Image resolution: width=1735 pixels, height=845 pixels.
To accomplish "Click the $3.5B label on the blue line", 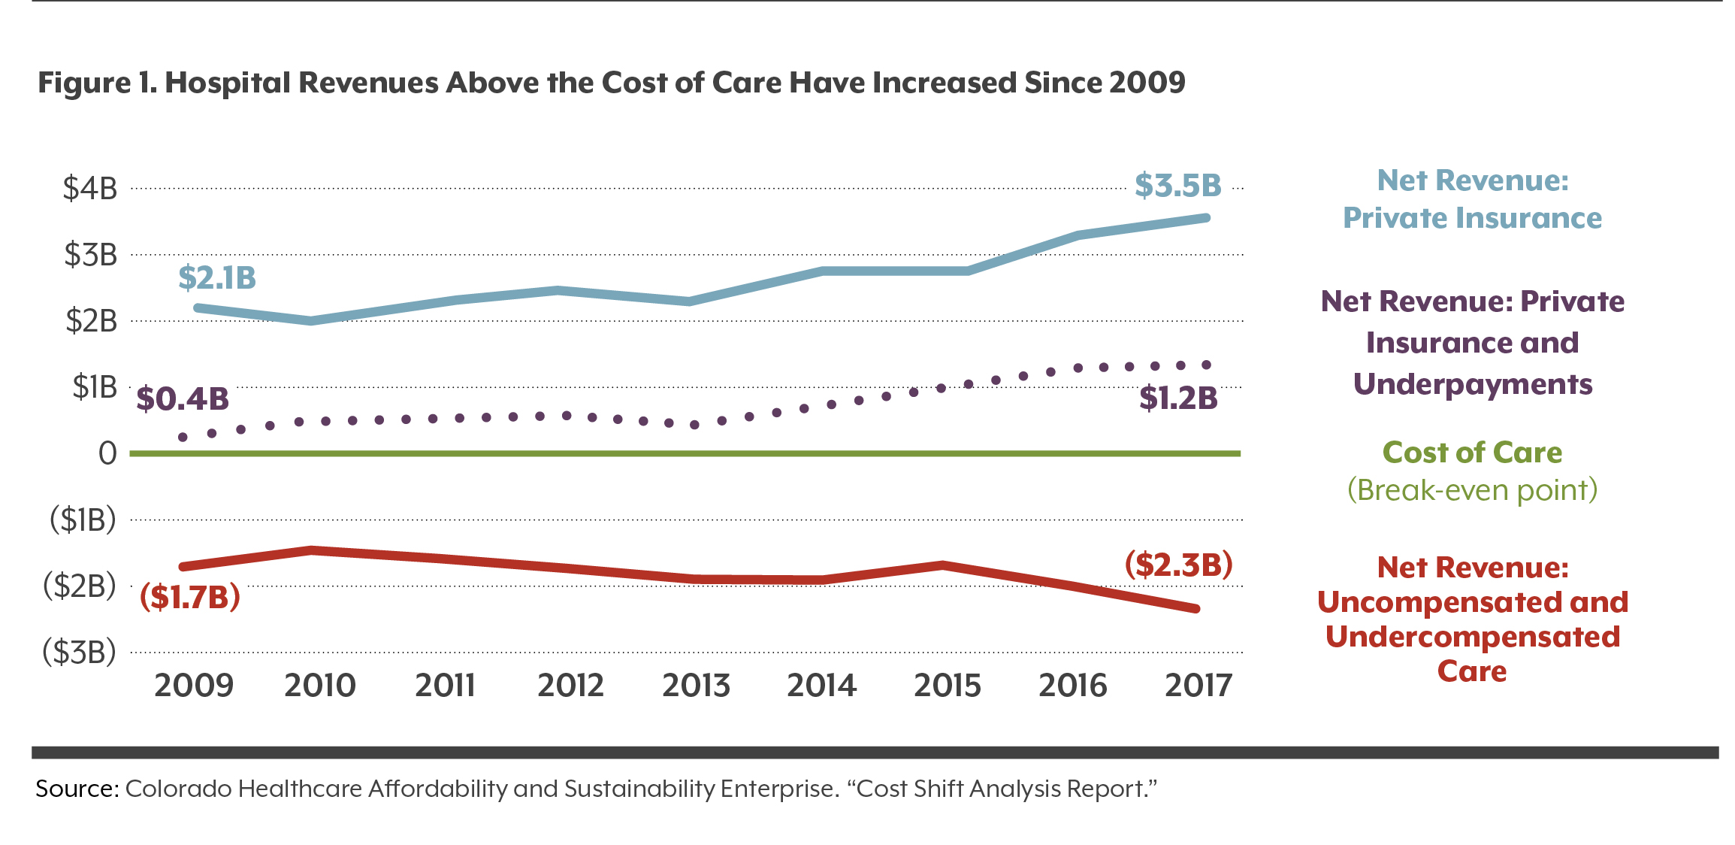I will [x=1177, y=186].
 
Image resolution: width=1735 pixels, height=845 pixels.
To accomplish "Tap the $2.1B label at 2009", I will [x=217, y=278].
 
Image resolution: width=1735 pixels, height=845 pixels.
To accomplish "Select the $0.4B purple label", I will [x=183, y=399].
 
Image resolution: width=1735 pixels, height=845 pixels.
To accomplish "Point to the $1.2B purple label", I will [x=1177, y=398].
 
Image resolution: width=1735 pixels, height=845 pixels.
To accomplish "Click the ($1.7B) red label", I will [x=190, y=597].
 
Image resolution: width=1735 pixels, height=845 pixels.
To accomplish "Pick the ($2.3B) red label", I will [x=1178, y=565].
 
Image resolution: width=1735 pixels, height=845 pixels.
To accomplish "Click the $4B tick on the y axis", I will [x=90, y=188].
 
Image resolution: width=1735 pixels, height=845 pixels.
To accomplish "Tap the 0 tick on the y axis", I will [x=107, y=453].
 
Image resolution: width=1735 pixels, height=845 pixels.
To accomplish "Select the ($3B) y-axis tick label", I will [x=80, y=652].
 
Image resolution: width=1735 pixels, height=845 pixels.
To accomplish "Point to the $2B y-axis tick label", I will [x=91, y=321].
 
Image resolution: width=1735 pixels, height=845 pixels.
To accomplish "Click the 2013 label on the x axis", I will [x=696, y=686].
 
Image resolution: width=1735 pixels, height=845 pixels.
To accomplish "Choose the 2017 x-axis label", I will [x=1198, y=686].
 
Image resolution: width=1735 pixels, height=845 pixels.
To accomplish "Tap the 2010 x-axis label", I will [x=319, y=686].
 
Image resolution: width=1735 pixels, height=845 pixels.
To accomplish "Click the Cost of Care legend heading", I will [x=1472, y=453].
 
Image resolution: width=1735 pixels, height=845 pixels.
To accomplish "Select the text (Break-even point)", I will [x=1472, y=490].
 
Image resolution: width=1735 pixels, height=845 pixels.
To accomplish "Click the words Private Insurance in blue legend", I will [x=1472, y=218].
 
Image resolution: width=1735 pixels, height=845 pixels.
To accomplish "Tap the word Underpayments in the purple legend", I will [x=1472, y=384].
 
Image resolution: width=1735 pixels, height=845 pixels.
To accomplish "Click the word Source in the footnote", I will [x=76, y=789].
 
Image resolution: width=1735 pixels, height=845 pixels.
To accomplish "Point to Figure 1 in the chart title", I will [x=97, y=83].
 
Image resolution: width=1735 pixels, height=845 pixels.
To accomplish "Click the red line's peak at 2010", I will [x=311, y=550].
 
